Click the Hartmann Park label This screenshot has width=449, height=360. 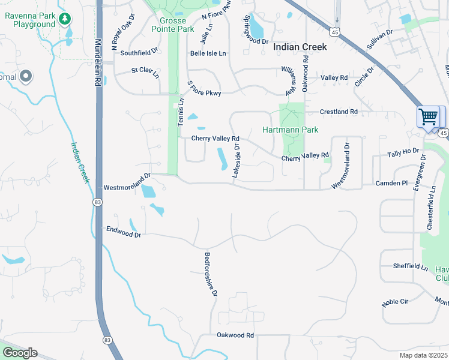[290, 130]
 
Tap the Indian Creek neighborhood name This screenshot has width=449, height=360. [300, 46]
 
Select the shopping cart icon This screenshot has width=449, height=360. [428, 116]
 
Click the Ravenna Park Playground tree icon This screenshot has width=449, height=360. [65, 20]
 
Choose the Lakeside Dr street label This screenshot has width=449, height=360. [237, 160]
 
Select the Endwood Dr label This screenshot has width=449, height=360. [123, 231]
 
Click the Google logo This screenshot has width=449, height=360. [20, 352]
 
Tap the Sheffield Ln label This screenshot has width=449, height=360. [410, 266]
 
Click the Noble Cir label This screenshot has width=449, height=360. [395, 302]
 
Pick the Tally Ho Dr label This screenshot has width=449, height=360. [403, 154]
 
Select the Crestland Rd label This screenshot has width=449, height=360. [339, 112]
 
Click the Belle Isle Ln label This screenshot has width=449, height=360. [208, 53]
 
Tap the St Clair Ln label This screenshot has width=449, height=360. [145, 72]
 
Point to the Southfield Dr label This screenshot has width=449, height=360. [139, 53]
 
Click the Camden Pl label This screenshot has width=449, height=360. [392, 183]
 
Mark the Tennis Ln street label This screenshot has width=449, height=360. [179, 112]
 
